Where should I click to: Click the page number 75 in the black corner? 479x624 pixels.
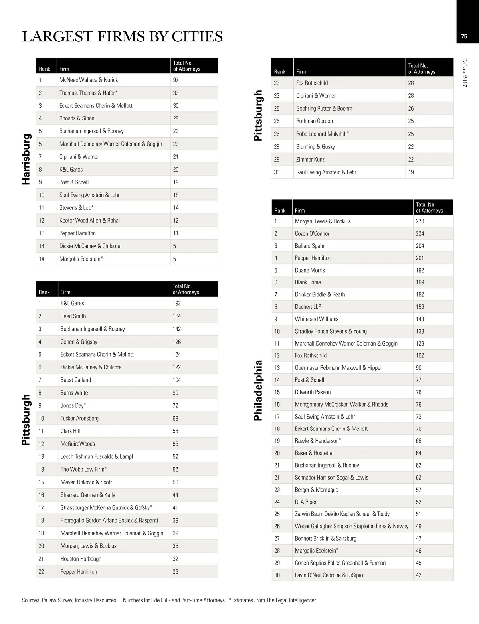click(464, 36)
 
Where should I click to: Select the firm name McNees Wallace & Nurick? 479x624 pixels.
click(89, 80)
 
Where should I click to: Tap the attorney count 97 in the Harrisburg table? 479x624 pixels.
click(176, 80)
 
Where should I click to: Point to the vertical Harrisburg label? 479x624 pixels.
click(26, 159)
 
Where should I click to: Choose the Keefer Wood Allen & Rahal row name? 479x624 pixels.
click(89, 220)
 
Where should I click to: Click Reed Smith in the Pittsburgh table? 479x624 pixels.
click(73, 316)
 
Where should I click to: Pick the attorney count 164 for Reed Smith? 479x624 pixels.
click(176, 316)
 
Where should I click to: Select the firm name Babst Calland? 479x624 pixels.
click(76, 380)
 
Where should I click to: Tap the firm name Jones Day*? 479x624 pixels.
click(73, 405)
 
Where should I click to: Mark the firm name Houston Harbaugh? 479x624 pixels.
click(81, 559)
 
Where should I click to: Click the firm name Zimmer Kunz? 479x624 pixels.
click(310, 159)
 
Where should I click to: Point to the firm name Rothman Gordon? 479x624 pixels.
click(314, 121)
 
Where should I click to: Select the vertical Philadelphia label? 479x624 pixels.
click(259, 390)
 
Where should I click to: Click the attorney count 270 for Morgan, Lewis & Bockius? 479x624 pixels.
click(420, 221)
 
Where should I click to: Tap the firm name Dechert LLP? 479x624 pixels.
click(308, 306)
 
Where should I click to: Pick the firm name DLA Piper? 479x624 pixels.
click(305, 502)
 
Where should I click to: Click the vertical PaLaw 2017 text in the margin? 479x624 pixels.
click(465, 72)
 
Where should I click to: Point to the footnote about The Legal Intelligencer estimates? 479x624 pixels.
click(272, 600)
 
